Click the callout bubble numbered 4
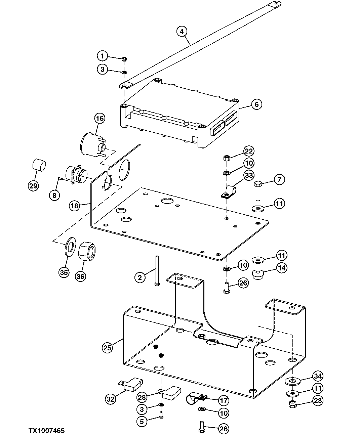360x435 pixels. coord(182,32)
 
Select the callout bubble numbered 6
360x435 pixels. coord(257,104)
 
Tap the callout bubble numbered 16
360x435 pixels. coord(99,118)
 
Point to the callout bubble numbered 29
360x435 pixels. coord(33,186)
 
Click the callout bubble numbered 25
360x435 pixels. coord(107,348)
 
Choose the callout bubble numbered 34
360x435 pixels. coord(318,376)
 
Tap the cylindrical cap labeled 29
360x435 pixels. coord(39,165)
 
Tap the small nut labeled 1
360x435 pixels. coord(124,59)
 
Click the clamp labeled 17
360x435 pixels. coord(196,399)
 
